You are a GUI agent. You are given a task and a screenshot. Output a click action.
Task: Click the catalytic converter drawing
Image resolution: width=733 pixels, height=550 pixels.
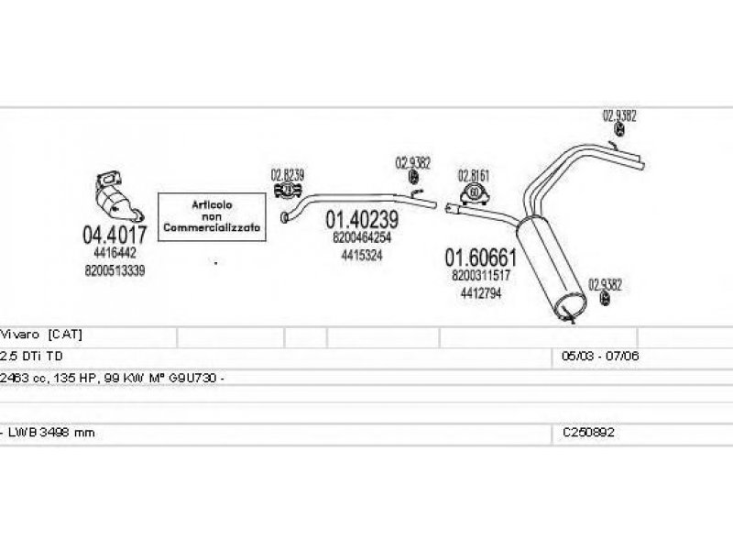(x=117, y=197)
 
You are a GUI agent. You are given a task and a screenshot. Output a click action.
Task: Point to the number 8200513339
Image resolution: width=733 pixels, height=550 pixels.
(x=115, y=270)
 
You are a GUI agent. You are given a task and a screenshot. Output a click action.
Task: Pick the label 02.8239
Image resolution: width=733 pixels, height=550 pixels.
(x=287, y=172)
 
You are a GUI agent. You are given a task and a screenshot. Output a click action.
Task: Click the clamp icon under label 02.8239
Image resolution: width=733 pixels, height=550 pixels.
(x=286, y=190)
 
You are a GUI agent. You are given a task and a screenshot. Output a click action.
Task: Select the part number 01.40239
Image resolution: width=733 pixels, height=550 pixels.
(x=362, y=220)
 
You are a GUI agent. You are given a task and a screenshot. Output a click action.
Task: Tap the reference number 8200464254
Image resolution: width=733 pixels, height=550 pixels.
(x=362, y=237)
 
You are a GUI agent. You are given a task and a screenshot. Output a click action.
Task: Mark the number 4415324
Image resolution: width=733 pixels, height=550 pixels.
(x=362, y=255)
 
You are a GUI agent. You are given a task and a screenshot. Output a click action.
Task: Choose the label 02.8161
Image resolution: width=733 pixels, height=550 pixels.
(x=474, y=174)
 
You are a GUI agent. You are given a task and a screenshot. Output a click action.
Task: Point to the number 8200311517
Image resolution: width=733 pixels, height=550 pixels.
(x=481, y=275)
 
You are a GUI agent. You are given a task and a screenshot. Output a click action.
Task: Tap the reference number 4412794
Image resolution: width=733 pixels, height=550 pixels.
(x=481, y=292)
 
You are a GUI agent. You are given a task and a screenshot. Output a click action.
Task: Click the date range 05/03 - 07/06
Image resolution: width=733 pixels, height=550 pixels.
(x=600, y=356)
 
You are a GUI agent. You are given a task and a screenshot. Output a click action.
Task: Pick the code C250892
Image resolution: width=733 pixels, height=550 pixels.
(x=589, y=433)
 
